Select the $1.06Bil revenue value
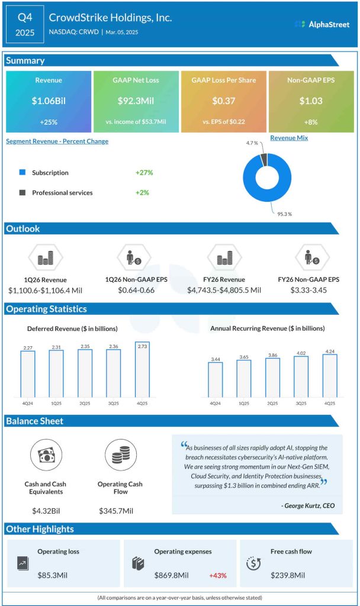[x=49, y=101]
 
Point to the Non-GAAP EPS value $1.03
[x=310, y=101]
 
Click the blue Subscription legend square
[x=22, y=173]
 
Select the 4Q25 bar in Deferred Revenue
[x=142, y=370]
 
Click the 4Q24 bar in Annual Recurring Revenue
[x=216, y=379]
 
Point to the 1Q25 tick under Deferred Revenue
[x=56, y=404]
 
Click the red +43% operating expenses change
[x=217, y=575]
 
